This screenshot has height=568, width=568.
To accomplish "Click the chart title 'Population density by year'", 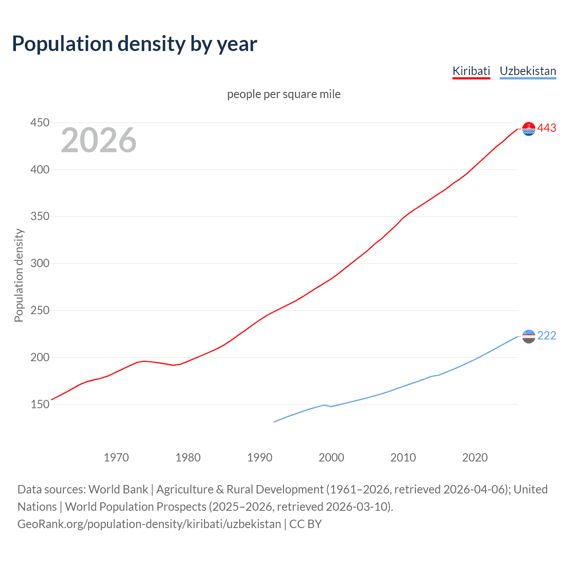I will pos(134,44).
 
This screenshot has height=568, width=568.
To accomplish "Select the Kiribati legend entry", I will pos(471,71).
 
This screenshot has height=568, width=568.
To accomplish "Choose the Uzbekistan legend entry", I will pos(528,71).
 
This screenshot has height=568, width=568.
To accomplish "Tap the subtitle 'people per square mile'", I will pos(284,94).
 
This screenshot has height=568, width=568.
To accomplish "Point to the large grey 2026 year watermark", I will pos(99,140).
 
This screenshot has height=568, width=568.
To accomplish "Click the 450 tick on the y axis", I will pos(39,122).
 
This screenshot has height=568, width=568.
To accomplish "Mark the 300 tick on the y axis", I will pos(39,263).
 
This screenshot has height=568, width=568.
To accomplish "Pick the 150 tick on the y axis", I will pos(39,404).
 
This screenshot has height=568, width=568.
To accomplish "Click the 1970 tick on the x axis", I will pos(116,458).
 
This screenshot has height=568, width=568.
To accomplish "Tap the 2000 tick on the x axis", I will pos(331,458).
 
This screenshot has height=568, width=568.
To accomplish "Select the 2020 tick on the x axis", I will pos(475,458).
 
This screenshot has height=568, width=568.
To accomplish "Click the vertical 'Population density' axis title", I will pos(19,275).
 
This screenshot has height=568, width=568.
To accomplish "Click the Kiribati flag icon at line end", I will pos(529,129).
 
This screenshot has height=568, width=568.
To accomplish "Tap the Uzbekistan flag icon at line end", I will pos(529,336).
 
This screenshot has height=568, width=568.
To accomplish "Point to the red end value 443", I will pos(547,128).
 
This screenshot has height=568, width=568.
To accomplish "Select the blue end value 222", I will pos(547,336).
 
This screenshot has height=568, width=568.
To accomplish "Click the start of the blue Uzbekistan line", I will pos(274,422).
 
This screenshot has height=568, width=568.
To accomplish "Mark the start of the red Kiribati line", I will pos(52,399).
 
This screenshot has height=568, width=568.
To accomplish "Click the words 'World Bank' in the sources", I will pos(118,489).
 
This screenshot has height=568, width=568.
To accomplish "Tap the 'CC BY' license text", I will pos(305,524).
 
